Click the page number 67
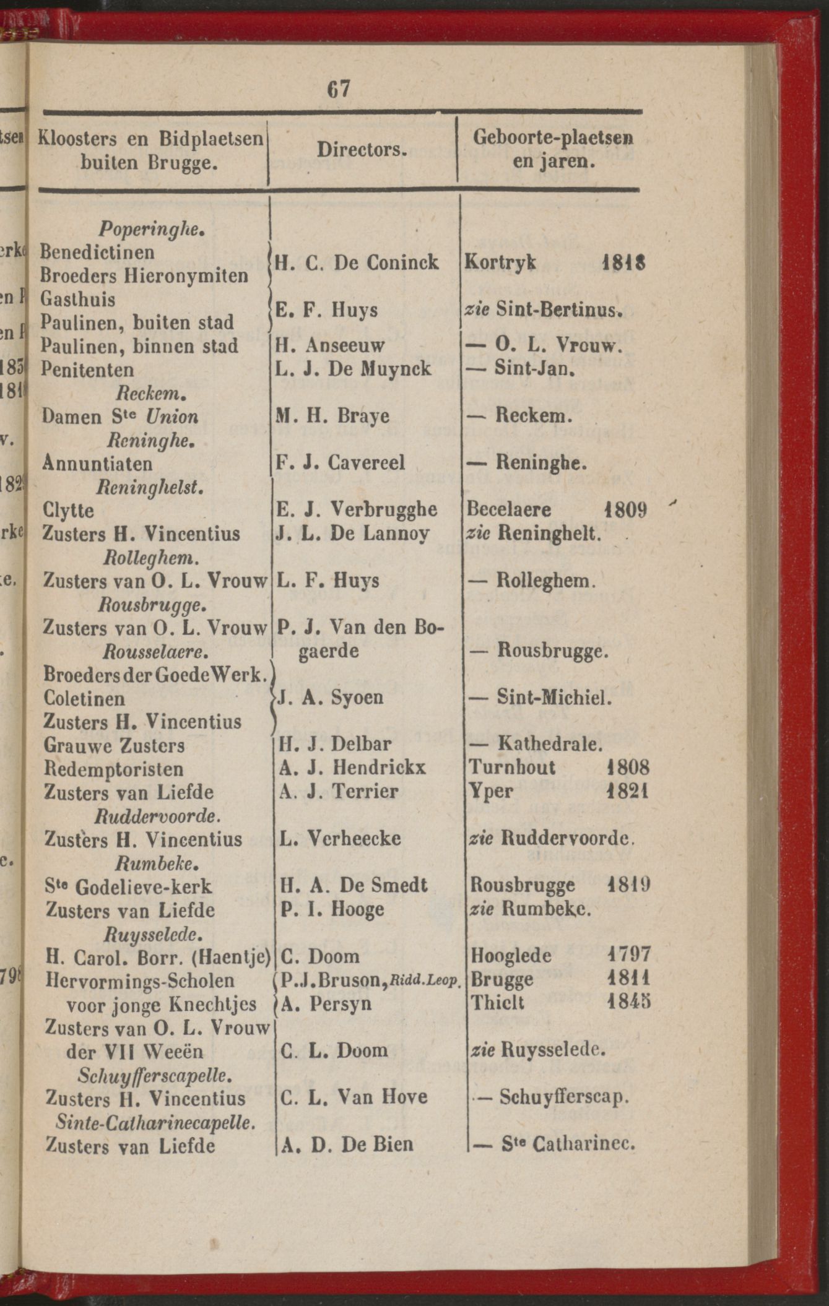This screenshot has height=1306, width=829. click(339, 89)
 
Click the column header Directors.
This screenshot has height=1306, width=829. click(362, 150)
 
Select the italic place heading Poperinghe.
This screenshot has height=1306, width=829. click(152, 229)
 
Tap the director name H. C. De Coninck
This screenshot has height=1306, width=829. click(357, 262)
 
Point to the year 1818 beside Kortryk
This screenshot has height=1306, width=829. click(623, 262)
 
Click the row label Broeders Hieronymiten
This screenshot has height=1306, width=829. click(144, 275)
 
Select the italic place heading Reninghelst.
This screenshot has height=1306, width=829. click(151, 487)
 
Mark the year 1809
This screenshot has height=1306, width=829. click(626, 510)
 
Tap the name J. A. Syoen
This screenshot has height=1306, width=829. click(331, 698)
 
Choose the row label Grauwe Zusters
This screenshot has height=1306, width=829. click(114, 745)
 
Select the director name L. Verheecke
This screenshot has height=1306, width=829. click(341, 839)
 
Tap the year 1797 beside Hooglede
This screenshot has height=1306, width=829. click(629, 954)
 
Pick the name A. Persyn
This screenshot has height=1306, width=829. click(326, 1003)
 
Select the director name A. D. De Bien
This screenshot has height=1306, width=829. click(347, 1144)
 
